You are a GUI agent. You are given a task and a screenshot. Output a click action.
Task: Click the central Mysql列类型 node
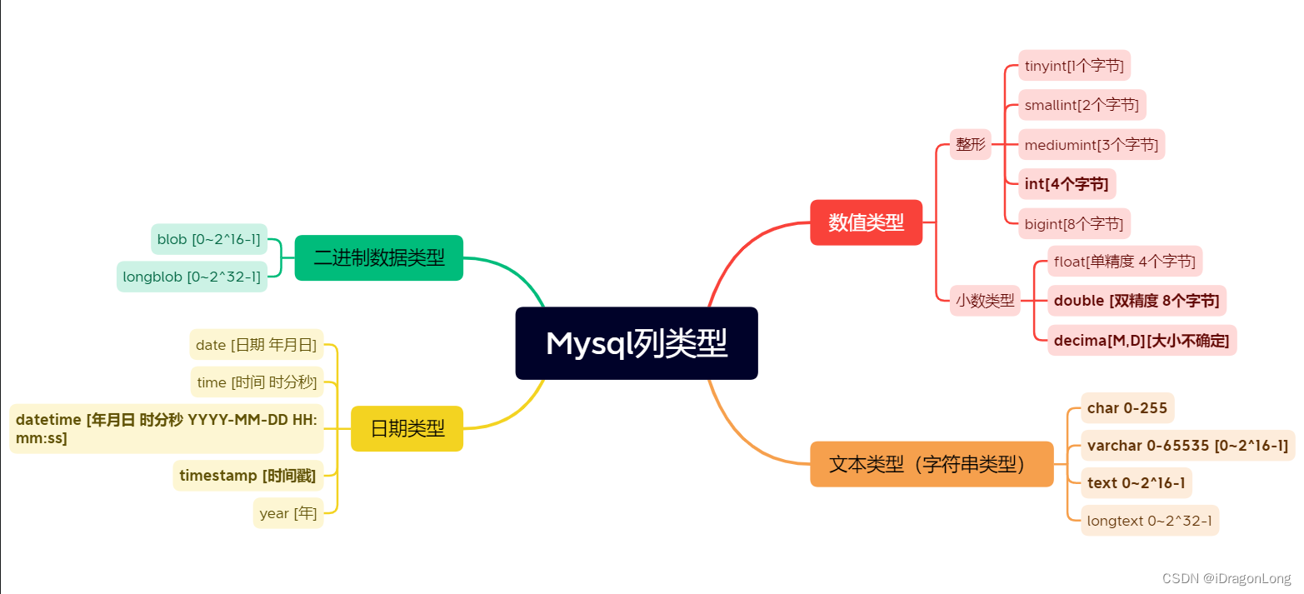coord(637,343)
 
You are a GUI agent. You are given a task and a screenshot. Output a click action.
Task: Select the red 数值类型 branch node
coord(866,222)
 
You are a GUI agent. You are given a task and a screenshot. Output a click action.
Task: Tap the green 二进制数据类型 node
coord(379,257)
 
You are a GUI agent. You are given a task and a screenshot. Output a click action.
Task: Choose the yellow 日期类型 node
coord(407,428)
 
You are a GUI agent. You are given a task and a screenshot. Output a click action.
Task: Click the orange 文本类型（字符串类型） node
coord(932,464)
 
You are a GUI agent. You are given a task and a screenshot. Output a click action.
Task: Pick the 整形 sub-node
coord(970,144)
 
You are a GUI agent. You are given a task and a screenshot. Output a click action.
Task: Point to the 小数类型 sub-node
coord(986,300)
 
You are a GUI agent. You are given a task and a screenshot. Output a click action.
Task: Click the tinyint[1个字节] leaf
coord(1074,65)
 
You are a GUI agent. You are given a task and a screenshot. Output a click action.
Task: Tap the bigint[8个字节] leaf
coord(1074,223)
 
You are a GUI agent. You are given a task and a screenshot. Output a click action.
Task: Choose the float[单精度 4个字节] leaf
coord(1125,262)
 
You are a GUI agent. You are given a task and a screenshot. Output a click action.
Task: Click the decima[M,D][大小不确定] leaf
coord(1142,340)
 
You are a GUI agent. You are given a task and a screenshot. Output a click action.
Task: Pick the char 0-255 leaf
coord(1116,408)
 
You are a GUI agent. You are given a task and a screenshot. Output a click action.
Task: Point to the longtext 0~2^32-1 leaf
coord(1149,522)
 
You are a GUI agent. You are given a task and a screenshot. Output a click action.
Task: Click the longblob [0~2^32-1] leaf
coord(192,277)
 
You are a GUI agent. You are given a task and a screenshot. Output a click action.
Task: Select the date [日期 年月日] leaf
coord(256,344)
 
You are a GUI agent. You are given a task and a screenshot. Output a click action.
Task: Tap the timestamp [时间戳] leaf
coord(247,476)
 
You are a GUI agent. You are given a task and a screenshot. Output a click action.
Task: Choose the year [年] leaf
coord(287,513)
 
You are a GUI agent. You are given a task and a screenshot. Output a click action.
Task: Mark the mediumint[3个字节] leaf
coord(1091,144)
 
